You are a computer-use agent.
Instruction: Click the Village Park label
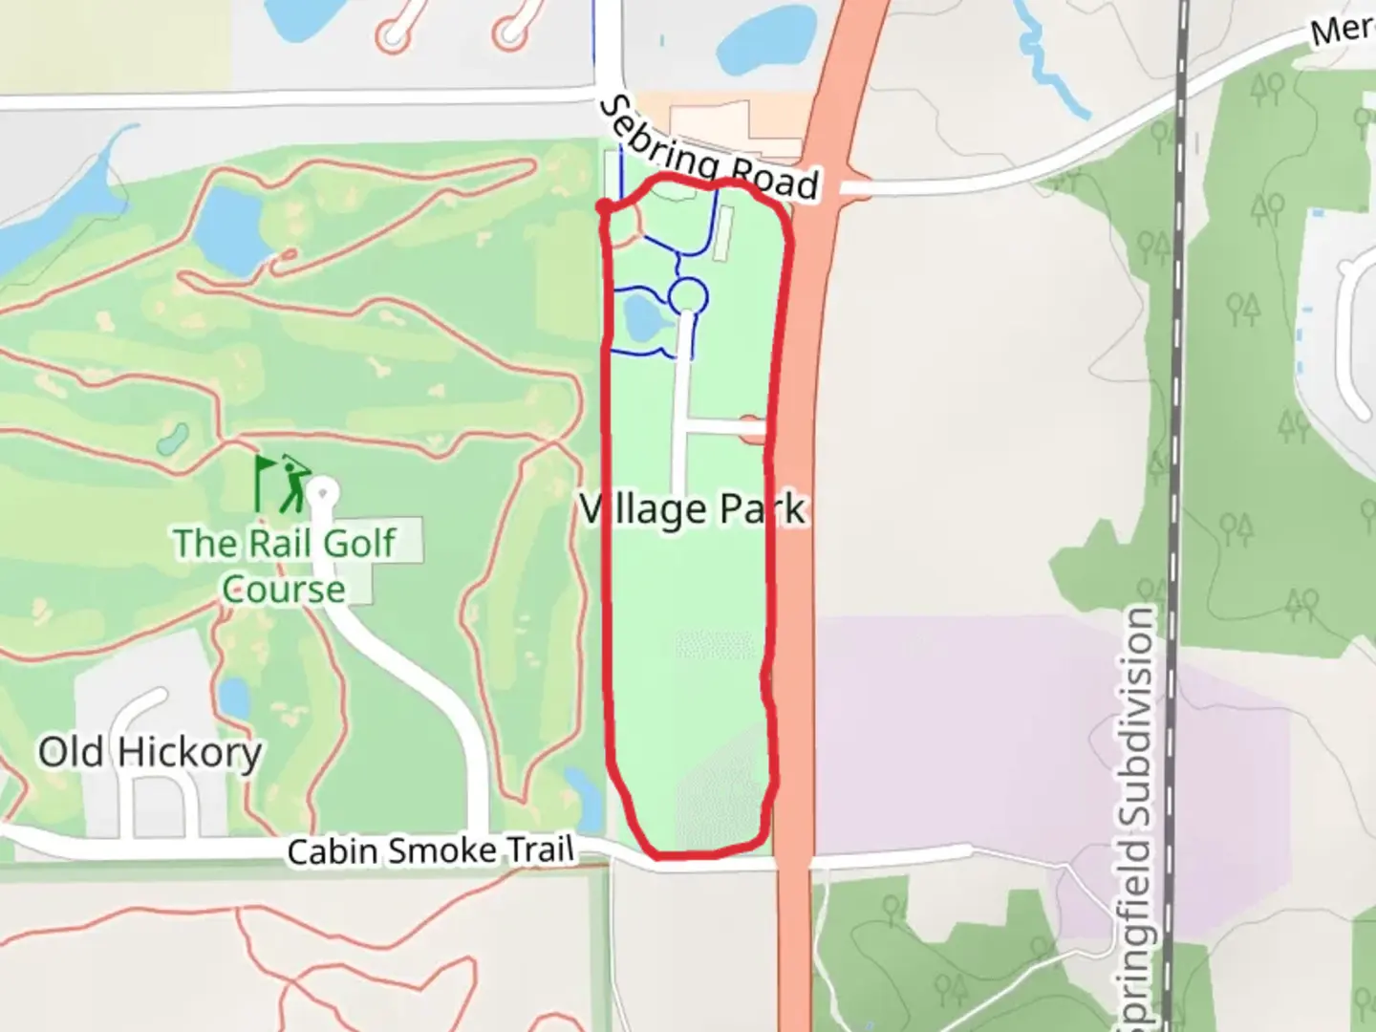pos(693,509)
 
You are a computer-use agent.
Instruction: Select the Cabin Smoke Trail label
pos(431,850)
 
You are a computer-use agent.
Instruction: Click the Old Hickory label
pos(150,752)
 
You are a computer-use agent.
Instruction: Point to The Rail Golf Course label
pos(285,565)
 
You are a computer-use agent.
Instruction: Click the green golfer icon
pos(293,484)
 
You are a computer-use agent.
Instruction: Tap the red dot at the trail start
pos(604,206)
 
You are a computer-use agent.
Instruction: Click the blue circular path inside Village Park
pos(688,296)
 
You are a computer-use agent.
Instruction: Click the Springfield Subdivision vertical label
pos(1137,812)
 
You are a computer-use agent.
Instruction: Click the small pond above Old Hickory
pos(234,699)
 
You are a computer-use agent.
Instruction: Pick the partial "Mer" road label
pos(1341,29)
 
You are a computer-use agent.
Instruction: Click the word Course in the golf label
pos(284,590)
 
